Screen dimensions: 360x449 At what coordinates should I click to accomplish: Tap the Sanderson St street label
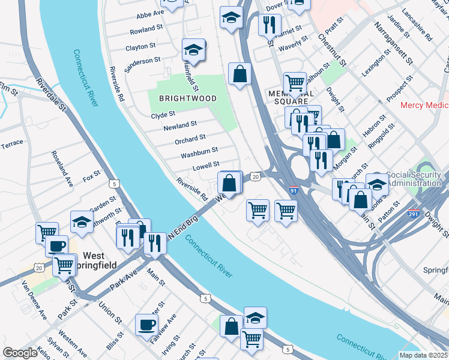pos(142,60)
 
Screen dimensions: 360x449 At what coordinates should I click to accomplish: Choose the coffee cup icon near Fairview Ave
pos(146,325)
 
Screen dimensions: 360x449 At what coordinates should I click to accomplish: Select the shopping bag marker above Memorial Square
pos(240,74)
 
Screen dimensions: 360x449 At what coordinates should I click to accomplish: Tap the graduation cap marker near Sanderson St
pos(194,49)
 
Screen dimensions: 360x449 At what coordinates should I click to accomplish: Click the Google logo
pos(20,352)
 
